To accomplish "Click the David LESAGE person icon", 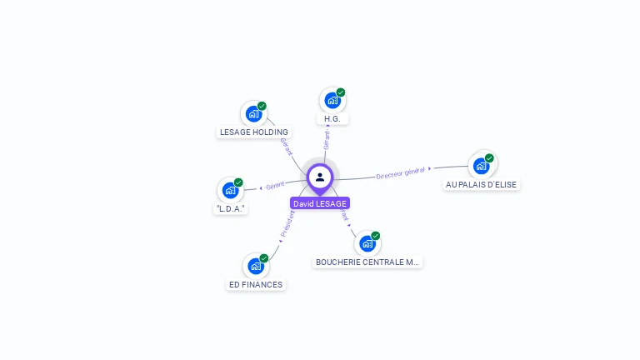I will (x=320, y=177).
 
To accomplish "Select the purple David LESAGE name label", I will (x=320, y=203).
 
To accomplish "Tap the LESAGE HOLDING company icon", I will (x=253, y=113).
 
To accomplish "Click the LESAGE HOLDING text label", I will (x=253, y=132).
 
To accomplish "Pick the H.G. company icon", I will (x=332, y=101).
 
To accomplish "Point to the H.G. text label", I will (x=332, y=119).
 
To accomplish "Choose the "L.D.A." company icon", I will (x=230, y=190).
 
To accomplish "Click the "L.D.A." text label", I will (x=230, y=208).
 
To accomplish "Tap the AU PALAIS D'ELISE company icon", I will (x=481, y=166).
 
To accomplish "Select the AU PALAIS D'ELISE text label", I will (x=481, y=184).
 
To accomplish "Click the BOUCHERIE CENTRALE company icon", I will (x=367, y=243).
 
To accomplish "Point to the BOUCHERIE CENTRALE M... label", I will (x=367, y=262).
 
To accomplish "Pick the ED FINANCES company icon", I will (x=256, y=266).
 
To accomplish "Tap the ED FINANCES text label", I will (x=256, y=284).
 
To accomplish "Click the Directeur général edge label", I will (x=401, y=172).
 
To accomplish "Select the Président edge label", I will (x=287, y=224).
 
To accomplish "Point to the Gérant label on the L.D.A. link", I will (x=275, y=185).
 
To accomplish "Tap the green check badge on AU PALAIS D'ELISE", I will (x=489, y=157).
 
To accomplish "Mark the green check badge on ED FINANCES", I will (x=264, y=257).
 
